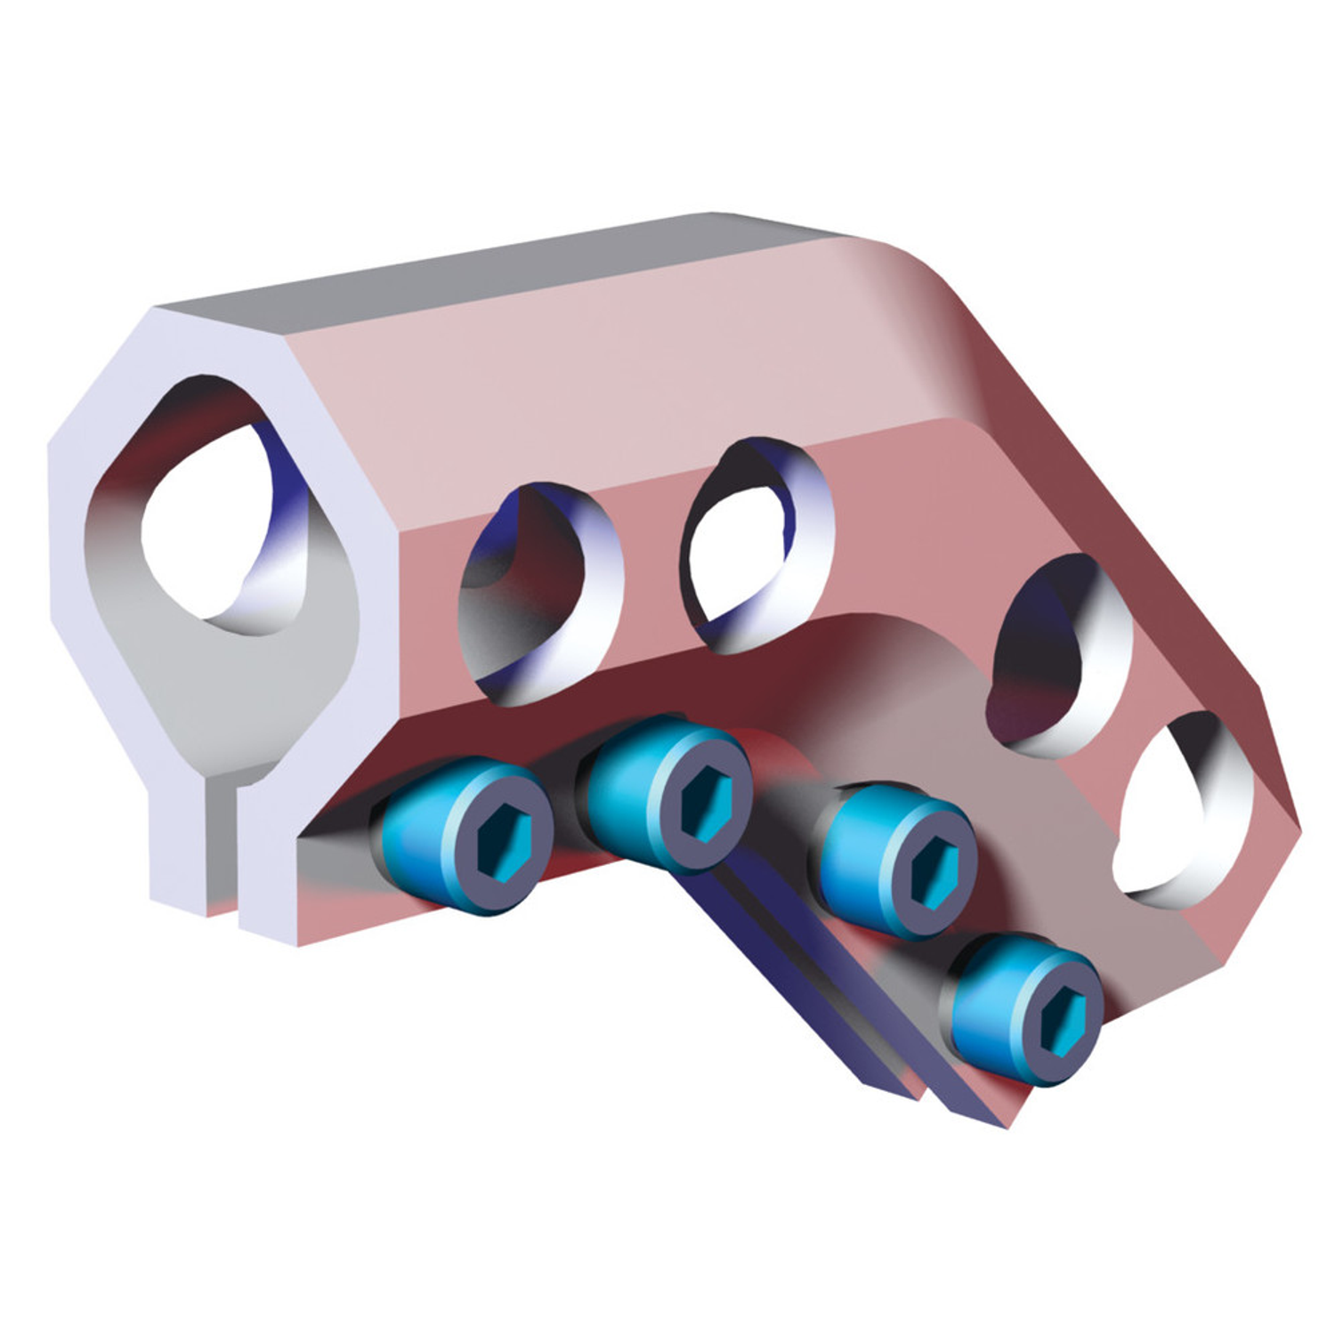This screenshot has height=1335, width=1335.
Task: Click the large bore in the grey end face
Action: click(209, 525)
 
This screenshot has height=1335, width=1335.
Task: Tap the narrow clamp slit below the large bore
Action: click(222, 845)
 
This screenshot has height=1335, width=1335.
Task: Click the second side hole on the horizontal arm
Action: click(756, 543)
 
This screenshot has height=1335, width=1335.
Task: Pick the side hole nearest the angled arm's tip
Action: click(1184, 810)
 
